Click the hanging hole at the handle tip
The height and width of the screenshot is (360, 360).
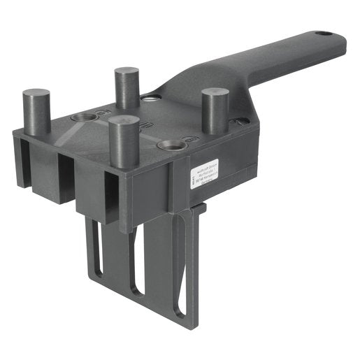pyautogui.click(x=323, y=34)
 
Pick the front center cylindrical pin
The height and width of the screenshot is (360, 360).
pyautogui.click(x=123, y=143)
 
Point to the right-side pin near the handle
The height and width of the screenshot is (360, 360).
pyautogui.click(x=215, y=110)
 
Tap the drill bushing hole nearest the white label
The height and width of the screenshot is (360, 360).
pyautogui.click(x=171, y=145)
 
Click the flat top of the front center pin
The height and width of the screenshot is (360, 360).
pyautogui.click(x=123, y=122)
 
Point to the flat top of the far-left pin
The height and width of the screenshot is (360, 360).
pyautogui.click(x=36, y=93)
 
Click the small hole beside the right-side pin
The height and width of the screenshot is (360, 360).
pyautogui.click(x=243, y=121)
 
